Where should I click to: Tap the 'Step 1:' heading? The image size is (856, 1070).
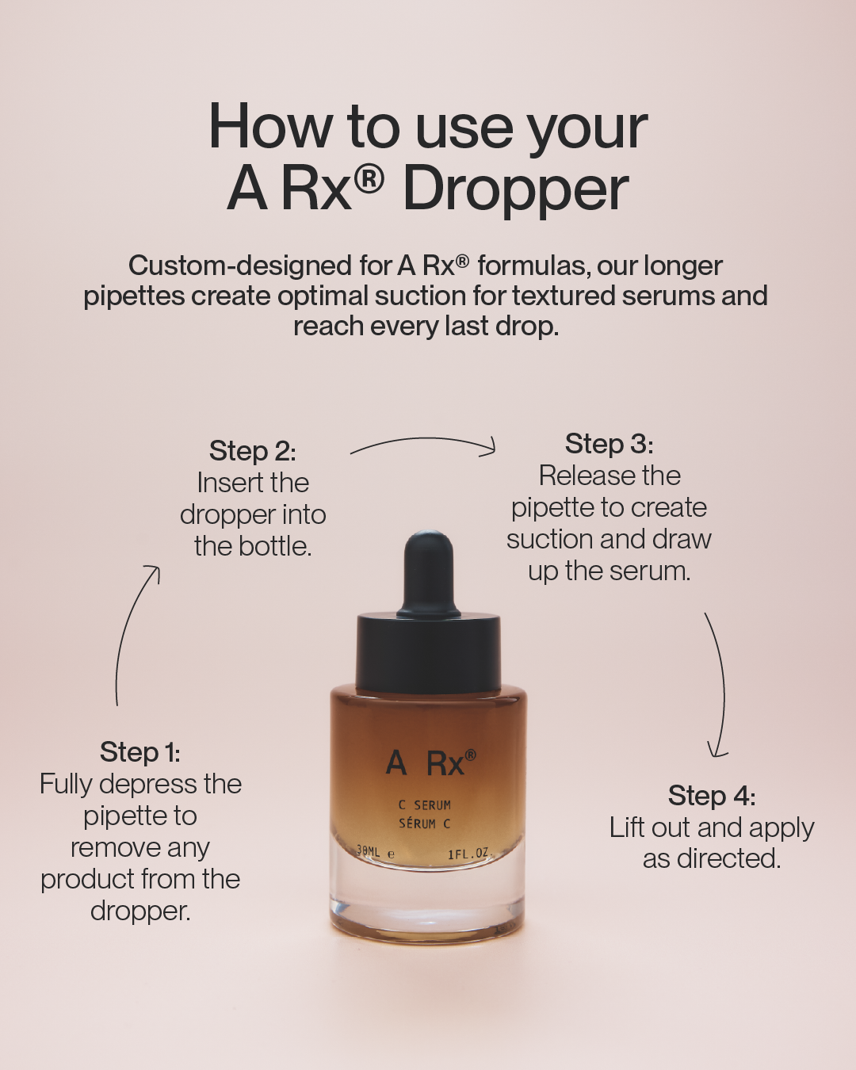[x=139, y=751]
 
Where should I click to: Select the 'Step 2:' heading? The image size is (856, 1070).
[x=252, y=451]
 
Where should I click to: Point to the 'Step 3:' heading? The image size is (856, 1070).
[x=609, y=444]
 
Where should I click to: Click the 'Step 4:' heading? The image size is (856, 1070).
[x=712, y=795]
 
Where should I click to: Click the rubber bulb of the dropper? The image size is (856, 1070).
[x=429, y=573]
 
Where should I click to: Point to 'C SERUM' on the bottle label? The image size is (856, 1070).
[x=424, y=805]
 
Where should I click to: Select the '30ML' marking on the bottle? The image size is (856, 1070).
[x=368, y=851]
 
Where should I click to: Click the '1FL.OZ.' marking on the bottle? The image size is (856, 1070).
[x=470, y=854]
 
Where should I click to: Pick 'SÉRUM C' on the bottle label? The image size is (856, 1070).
[x=424, y=824]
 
